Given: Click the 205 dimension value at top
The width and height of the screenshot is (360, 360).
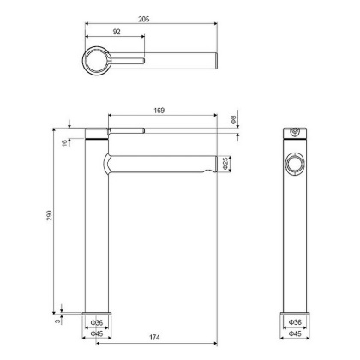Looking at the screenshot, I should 151,16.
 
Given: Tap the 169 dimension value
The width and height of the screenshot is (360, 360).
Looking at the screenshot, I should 159,110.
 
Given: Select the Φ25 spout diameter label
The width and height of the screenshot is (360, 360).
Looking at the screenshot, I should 225,163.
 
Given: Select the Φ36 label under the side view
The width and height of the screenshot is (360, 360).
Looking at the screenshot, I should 295,322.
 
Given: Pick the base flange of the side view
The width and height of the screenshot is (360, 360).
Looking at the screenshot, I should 295,312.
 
